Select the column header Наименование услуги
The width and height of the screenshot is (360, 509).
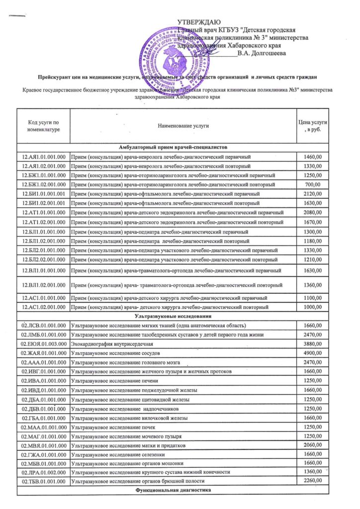pyautogui.click(x=183, y=126)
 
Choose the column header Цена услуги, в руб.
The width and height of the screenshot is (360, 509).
pyautogui.click(x=313, y=126)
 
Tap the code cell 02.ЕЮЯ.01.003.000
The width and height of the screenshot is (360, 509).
pyautogui.click(x=44, y=344)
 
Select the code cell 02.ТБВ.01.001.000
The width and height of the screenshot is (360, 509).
pyautogui.click(x=44, y=481)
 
